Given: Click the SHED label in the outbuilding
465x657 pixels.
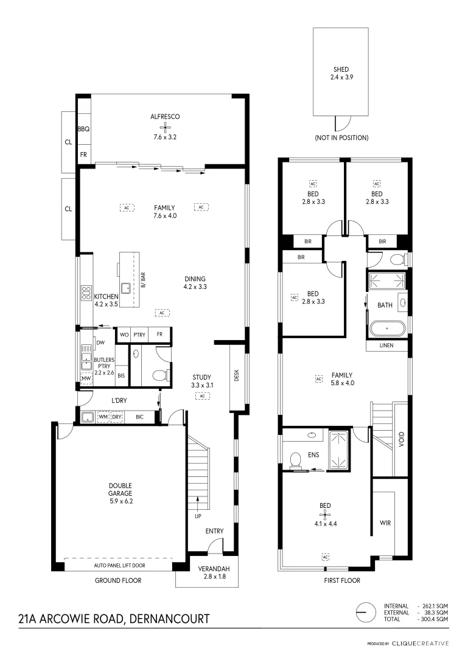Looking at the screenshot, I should pyautogui.click(x=341, y=70).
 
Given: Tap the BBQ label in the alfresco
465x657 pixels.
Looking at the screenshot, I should pyautogui.click(x=84, y=129).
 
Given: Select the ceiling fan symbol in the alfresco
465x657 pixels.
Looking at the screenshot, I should pyautogui.click(x=164, y=127).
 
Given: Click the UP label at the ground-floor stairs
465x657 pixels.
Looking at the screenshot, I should pyautogui.click(x=197, y=516).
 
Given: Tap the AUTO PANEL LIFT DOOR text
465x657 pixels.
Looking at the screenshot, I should pyautogui.click(x=119, y=566).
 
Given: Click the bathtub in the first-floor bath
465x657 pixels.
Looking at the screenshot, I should pyautogui.click(x=387, y=330).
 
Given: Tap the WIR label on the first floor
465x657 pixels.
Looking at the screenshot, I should pyautogui.click(x=385, y=523).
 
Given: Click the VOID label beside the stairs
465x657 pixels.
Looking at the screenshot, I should pyautogui.click(x=400, y=439).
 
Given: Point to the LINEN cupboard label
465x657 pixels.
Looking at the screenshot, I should pyautogui.click(x=386, y=346).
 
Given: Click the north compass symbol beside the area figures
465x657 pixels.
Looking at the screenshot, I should pyautogui.click(x=364, y=610).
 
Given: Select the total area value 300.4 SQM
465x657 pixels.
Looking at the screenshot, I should pyautogui.click(x=435, y=619).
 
